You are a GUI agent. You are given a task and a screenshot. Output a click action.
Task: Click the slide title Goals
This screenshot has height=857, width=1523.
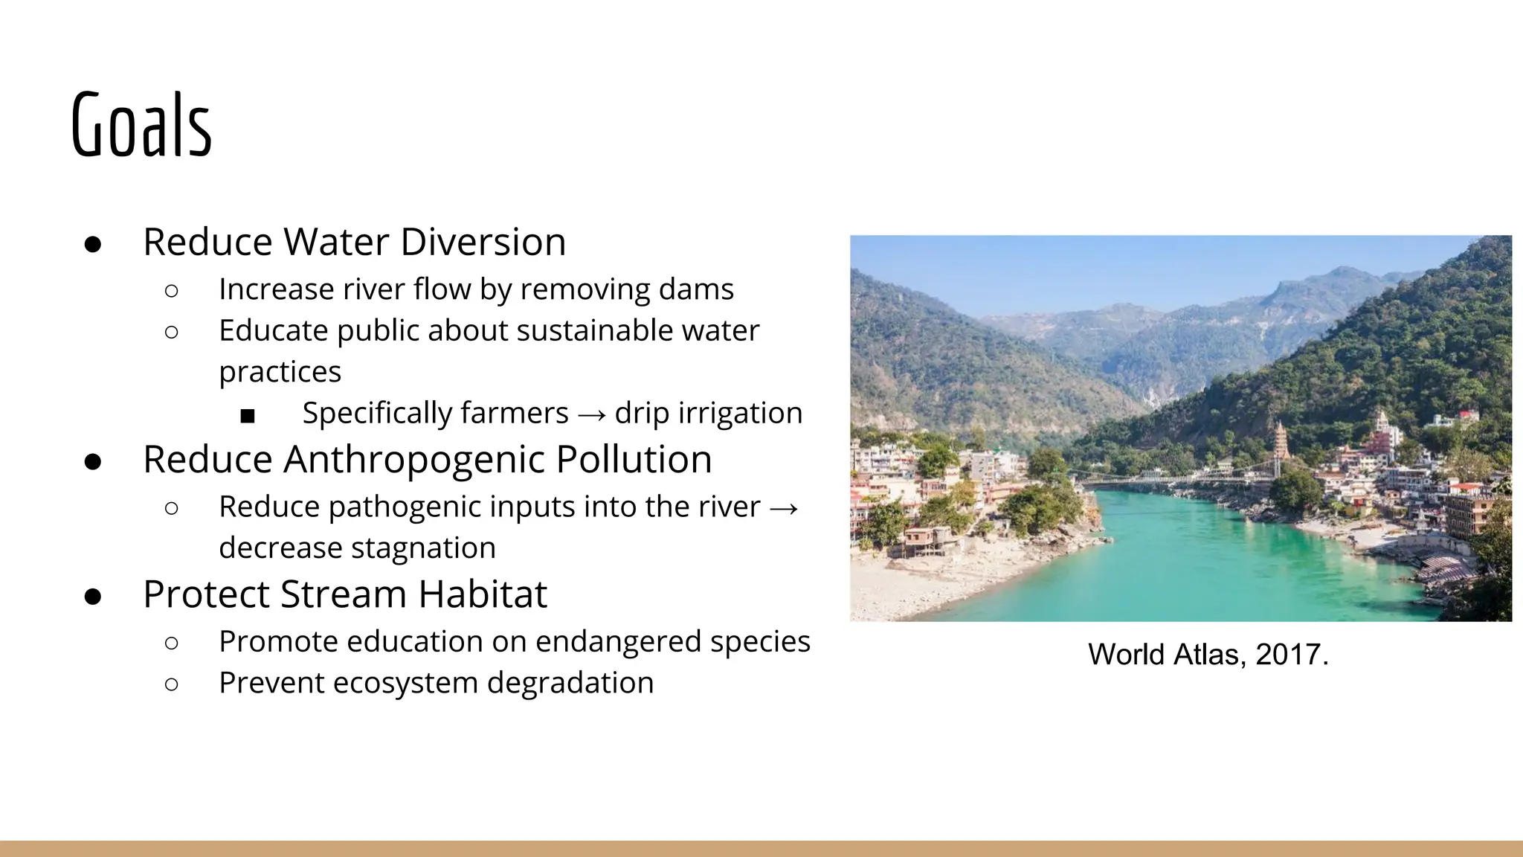pos(141,125)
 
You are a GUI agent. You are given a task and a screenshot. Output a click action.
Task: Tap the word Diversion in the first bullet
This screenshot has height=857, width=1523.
pos(483,242)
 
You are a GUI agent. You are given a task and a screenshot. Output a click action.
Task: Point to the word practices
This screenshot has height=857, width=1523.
pos(280,372)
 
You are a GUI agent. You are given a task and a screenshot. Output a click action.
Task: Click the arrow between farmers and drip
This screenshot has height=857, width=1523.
pos(591,414)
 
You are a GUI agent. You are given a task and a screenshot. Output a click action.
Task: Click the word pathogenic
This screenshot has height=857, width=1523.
pos(402,507)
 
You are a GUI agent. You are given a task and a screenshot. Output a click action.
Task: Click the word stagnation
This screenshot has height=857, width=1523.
pos(423,548)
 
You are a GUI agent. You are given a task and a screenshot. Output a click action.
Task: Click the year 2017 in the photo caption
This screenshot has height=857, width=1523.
pos(1291,655)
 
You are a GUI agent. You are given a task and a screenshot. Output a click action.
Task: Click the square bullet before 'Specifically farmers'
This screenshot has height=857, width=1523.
pos(248,415)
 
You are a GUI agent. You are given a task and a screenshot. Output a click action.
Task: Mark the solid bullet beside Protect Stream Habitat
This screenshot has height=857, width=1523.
pos(93,596)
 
